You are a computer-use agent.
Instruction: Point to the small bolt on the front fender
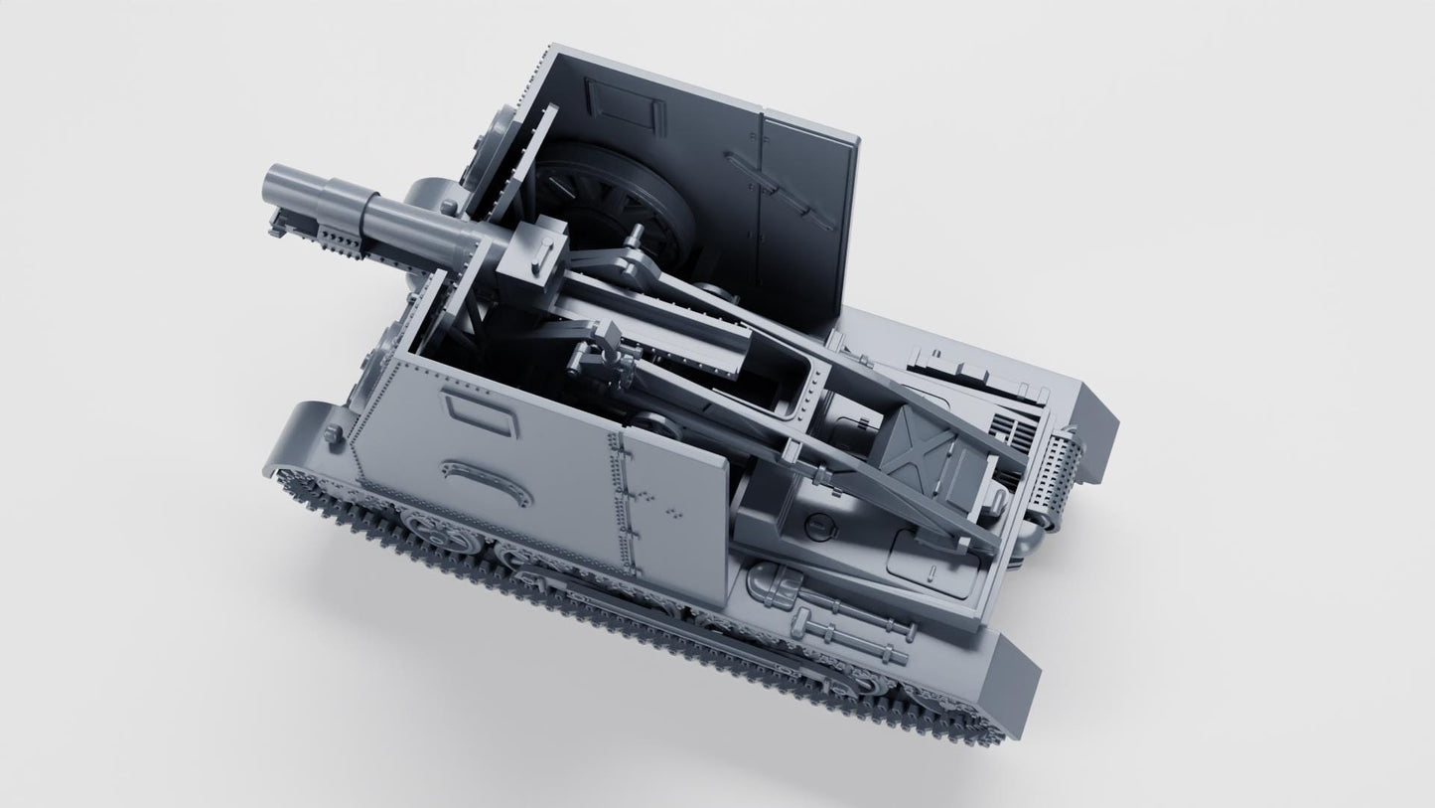click(x=335, y=432)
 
